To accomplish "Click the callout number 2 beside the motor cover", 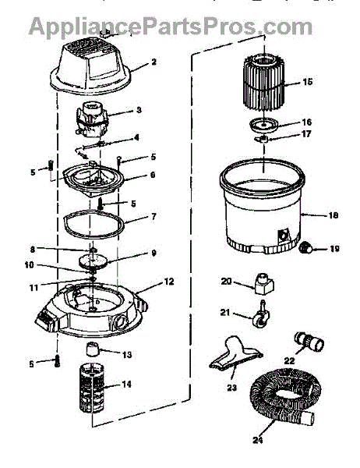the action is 154,62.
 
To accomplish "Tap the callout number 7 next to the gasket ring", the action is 154,216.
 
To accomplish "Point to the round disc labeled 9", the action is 93,261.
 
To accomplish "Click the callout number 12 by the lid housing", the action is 169,282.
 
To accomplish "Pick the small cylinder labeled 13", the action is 93,349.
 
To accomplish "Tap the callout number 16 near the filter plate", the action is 306,122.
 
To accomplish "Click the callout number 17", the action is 306,133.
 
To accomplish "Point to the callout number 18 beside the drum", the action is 333,215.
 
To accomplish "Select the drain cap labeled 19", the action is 305,247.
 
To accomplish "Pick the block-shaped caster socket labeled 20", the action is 264,283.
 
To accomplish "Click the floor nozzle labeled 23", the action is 235,355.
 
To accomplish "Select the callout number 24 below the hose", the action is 257,440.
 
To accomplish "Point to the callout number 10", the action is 30,264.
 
